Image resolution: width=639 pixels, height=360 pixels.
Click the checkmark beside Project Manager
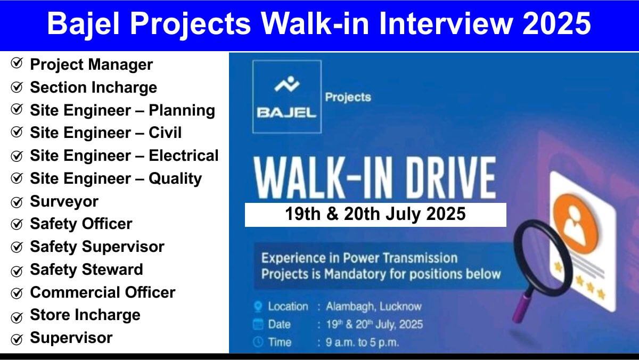[x=17, y=63]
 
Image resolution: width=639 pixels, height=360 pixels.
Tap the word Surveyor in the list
[x=64, y=202]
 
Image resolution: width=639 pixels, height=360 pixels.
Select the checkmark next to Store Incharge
[x=17, y=317]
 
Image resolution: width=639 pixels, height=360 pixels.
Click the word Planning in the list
[x=182, y=111]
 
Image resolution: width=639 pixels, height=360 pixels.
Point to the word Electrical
[x=183, y=156]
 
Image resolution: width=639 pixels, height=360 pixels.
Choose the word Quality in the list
[x=175, y=179]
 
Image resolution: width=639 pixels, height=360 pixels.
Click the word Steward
[x=112, y=269]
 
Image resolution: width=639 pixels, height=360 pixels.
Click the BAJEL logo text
[x=286, y=113]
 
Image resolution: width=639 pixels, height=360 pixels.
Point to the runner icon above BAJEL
[x=287, y=84]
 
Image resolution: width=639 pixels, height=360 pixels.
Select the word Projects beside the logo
[x=348, y=97]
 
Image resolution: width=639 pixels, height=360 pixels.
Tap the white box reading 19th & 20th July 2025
[x=375, y=215]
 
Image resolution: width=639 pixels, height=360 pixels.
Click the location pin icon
[x=258, y=307]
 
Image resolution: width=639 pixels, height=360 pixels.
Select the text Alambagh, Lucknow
[x=374, y=307]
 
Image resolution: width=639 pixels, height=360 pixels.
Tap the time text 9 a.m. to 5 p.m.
[x=362, y=342]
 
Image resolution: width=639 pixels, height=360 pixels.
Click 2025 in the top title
[x=556, y=23]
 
